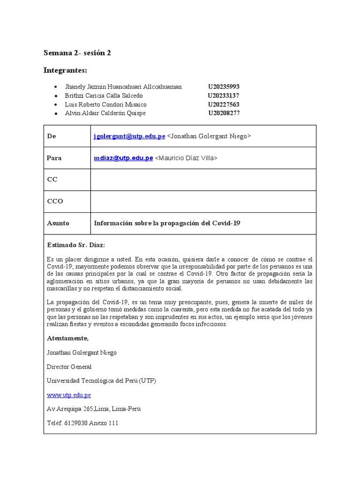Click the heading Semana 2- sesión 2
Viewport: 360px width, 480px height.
click(77, 53)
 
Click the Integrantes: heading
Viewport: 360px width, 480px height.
click(65, 70)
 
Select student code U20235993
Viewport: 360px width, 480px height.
click(224, 87)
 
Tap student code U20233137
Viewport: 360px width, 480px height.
click(224, 96)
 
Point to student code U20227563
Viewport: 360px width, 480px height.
click(224, 105)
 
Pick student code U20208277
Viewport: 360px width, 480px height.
click(224, 113)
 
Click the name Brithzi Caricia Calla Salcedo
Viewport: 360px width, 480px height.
click(104, 96)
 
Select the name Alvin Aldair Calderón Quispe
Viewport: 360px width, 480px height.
click(105, 113)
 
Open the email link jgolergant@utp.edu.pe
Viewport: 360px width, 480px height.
click(129, 136)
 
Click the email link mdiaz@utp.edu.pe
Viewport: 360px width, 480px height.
click(123, 158)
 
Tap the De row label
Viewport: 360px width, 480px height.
click(52, 136)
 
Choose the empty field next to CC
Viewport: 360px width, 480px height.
click(203, 180)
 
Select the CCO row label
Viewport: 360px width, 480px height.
click(55, 201)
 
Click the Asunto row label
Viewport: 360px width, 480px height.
click(58, 223)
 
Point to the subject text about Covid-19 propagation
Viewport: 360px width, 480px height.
click(167, 223)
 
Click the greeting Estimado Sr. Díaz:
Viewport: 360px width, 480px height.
click(76, 245)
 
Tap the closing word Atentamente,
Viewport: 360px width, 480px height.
click(68, 338)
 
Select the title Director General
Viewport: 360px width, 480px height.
click(69, 367)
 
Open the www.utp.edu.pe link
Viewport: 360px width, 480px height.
click(69, 395)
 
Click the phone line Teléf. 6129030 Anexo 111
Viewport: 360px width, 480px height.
click(83, 423)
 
